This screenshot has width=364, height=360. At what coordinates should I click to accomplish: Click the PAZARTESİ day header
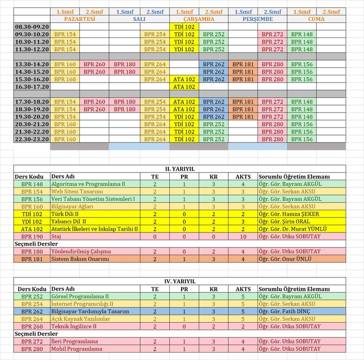[79, 19]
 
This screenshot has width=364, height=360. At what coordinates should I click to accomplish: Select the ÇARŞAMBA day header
[198, 19]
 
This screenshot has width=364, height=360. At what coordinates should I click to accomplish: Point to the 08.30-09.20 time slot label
[32, 27]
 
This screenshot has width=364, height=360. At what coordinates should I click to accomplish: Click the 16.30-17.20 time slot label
[32, 87]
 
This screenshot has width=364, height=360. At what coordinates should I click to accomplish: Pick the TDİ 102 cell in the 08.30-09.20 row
[184, 27]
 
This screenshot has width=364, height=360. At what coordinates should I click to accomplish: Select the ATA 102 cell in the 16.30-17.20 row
[184, 87]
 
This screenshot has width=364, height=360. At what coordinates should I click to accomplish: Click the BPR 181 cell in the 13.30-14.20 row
[243, 64]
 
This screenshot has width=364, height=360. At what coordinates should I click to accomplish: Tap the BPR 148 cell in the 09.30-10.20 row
[302, 34]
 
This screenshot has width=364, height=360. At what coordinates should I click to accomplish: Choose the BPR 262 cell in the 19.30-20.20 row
[213, 117]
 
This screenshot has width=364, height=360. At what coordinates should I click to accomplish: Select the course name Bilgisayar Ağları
[72, 206]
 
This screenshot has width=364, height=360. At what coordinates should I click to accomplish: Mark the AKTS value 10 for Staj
[243, 236]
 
